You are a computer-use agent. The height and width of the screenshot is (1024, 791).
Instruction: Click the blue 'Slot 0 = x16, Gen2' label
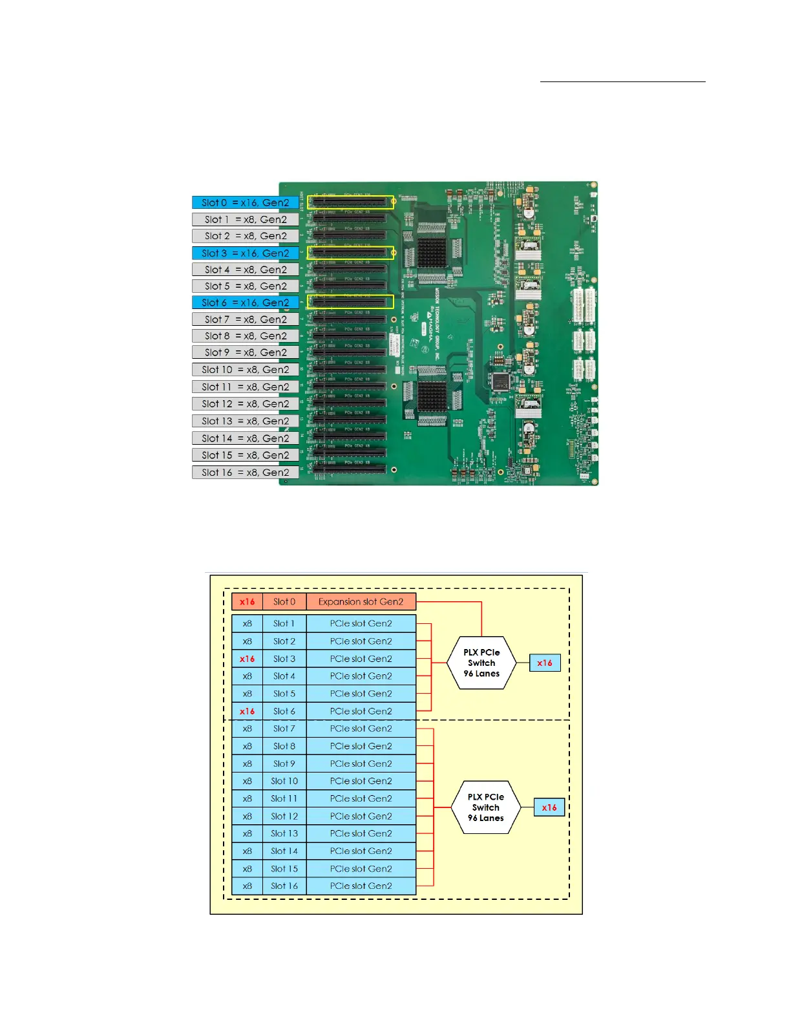245,202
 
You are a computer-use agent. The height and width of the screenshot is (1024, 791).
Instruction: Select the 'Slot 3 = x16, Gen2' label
245,253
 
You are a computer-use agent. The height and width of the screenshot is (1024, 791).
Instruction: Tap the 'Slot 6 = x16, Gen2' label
245,303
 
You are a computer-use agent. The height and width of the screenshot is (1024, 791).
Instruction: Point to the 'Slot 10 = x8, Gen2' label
245,370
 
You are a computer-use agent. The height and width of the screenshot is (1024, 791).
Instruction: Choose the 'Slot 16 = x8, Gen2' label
245,473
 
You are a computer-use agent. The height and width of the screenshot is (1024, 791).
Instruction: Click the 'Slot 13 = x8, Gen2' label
245,421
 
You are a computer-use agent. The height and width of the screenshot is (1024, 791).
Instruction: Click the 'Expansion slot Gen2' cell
361,602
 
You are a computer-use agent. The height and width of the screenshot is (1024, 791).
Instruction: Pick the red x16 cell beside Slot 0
247,602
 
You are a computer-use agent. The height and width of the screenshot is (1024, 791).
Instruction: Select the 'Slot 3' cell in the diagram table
284,659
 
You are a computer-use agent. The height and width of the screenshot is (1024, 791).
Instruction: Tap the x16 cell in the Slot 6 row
247,711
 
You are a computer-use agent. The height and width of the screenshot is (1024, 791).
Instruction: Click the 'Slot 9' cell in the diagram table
284,763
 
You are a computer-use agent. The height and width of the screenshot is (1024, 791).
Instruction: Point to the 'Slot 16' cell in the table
284,886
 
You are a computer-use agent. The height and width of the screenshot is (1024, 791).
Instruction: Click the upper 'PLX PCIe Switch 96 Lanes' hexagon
481,663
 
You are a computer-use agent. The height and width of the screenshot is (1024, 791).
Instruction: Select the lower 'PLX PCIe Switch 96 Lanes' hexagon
486,807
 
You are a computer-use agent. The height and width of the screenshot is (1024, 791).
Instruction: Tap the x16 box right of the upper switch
545,663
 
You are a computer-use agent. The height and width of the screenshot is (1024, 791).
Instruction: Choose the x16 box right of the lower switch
549,807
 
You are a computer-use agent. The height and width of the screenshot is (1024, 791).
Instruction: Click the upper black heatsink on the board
432,253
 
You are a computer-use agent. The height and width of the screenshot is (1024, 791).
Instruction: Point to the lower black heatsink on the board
432,395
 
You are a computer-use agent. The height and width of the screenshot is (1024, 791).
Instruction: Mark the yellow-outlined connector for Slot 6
350,302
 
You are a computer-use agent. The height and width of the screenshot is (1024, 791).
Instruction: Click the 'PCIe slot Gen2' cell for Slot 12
361,816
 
